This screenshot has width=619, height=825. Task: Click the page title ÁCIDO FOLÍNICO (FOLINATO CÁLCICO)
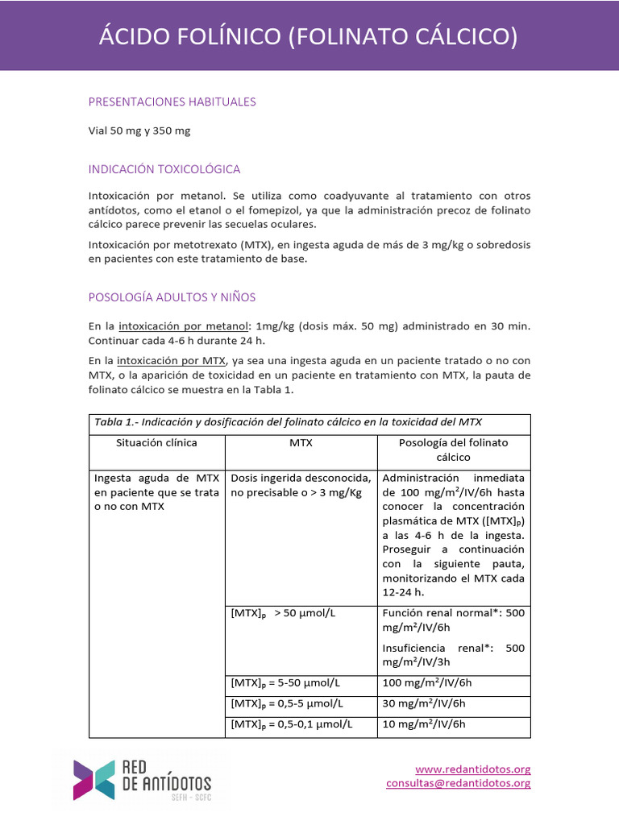[x=309, y=36]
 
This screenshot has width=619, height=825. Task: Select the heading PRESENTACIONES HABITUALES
[x=172, y=102]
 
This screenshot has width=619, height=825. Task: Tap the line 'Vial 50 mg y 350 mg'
[x=139, y=131]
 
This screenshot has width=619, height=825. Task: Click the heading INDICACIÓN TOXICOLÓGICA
[x=164, y=169]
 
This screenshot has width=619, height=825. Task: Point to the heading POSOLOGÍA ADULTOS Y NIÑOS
[x=172, y=297]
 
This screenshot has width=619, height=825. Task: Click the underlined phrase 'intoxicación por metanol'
[x=183, y=326]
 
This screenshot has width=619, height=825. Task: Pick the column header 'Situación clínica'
[x=156, y=443]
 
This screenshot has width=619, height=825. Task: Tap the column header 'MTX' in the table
[x=301, y=443]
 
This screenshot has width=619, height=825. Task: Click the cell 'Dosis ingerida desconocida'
[x=301, y=477]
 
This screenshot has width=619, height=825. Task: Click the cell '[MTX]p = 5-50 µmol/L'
[x=285, y=683]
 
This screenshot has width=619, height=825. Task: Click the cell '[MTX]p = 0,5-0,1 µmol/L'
[x=292, y=724]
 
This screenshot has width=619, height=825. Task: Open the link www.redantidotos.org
[x=472, y=769]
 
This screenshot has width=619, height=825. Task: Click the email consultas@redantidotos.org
[x=458, y=783]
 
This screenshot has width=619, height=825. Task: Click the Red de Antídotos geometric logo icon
[x=93, y=779]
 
